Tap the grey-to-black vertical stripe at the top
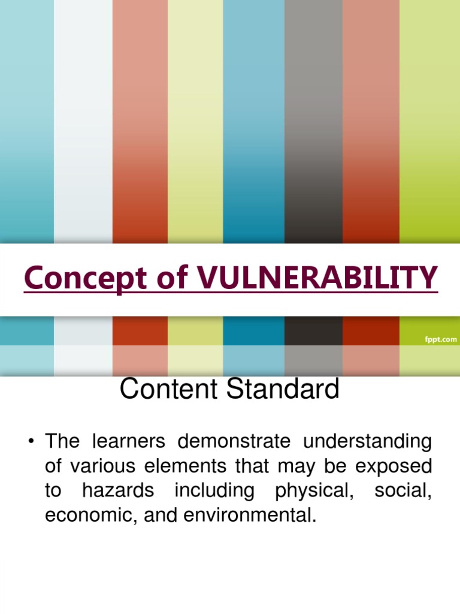(313, 120)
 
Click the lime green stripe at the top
(429, 120)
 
